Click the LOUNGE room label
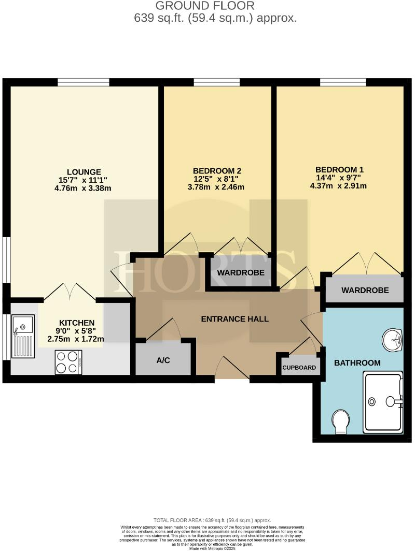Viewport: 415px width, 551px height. coord(84,172)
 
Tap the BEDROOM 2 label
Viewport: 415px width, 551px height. coord(217,170)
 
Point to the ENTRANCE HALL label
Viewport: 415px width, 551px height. coord(235,319)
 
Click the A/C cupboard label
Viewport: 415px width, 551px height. coord(163,360)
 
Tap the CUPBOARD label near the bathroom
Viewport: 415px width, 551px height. coord(299,368)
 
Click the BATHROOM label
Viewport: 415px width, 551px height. coord(357,363)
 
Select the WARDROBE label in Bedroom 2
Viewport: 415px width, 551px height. coord(241,272)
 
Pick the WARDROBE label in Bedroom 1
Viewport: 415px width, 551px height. coord(365,291)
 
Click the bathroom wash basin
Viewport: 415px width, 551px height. coord(392,340)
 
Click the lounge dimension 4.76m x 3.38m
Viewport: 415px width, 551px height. coord(84,188)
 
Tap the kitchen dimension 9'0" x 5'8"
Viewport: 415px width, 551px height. coord(76,331)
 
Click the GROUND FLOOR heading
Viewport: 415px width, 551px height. coord(205,6)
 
